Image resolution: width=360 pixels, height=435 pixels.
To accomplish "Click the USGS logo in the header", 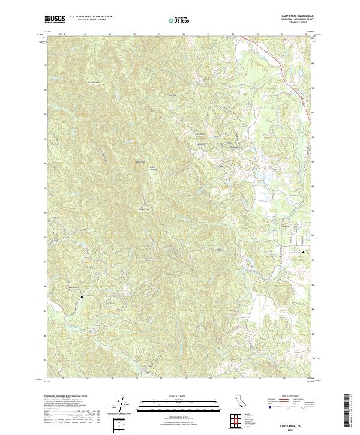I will [x=55, y=20].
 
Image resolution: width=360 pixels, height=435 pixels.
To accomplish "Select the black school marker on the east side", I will [x=302, y=252].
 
